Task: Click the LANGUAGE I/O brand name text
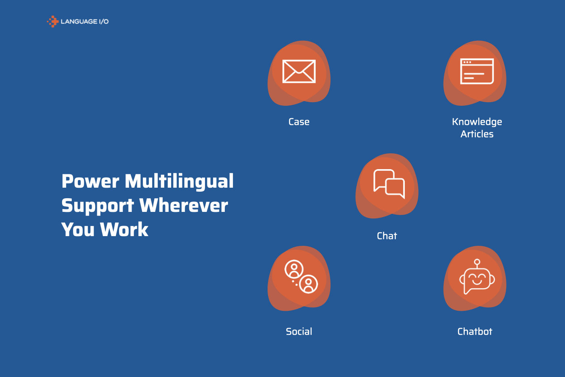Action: tap(84, 22)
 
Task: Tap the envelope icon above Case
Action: tap(299, 71)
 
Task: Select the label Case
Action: tap(299, 122)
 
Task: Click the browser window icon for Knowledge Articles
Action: tap(477, 71)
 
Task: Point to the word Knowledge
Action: tap(477, 122)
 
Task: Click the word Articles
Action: tap(477, 134)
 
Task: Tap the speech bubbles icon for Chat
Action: tap(389, 184)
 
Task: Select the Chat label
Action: tap(387, 236)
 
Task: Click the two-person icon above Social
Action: tap(301, 276)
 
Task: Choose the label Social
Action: tap(299, 332)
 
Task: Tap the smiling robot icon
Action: tap(477, 277)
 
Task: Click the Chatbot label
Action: tap(475, 332)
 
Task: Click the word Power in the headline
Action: tap(90, 182)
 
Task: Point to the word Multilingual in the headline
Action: tap(179, 182)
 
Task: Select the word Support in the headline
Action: tap(98, 206)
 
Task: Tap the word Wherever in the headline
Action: tap(184, 206)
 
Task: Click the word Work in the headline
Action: tap(124, 230)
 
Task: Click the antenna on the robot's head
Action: tap(477, 262)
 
